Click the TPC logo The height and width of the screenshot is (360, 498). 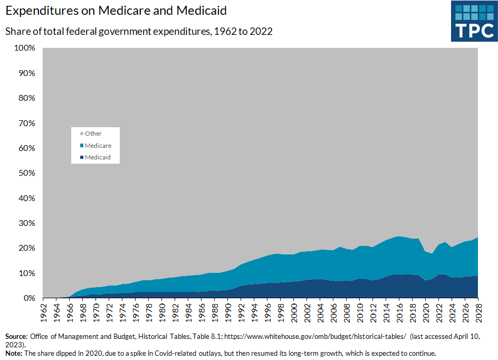coord(474,21)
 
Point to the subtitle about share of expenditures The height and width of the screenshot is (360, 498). coord(139,31)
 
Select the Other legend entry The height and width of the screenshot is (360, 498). coord(93,134)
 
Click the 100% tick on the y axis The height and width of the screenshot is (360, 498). coord(24,48)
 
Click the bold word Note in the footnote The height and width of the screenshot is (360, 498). coord(14,353)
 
